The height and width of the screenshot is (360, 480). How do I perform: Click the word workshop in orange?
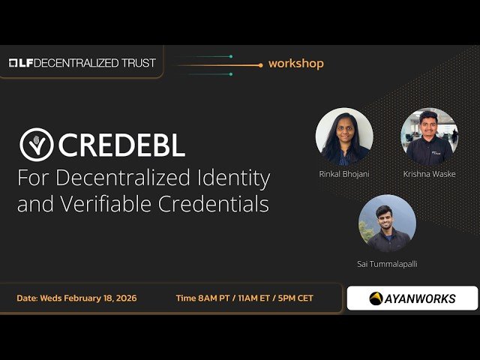tap(295, 64)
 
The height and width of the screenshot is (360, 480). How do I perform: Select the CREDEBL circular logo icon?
tap(36, 143)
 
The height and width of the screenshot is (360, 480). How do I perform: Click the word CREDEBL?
tap(121, 144)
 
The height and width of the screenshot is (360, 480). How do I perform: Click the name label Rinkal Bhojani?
tap(344, 174)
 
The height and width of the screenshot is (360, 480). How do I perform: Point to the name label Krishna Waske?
tap(429, 174)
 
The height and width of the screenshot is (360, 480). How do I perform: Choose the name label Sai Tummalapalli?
tap(387, 264)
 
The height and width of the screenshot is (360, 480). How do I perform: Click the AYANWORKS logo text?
tap(420, 298)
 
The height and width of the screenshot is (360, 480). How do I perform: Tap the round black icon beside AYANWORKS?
tap(376, 298)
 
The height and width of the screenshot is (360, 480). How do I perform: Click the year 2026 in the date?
tap(125, 298)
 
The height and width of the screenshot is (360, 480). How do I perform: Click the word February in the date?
tap(83, 298)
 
